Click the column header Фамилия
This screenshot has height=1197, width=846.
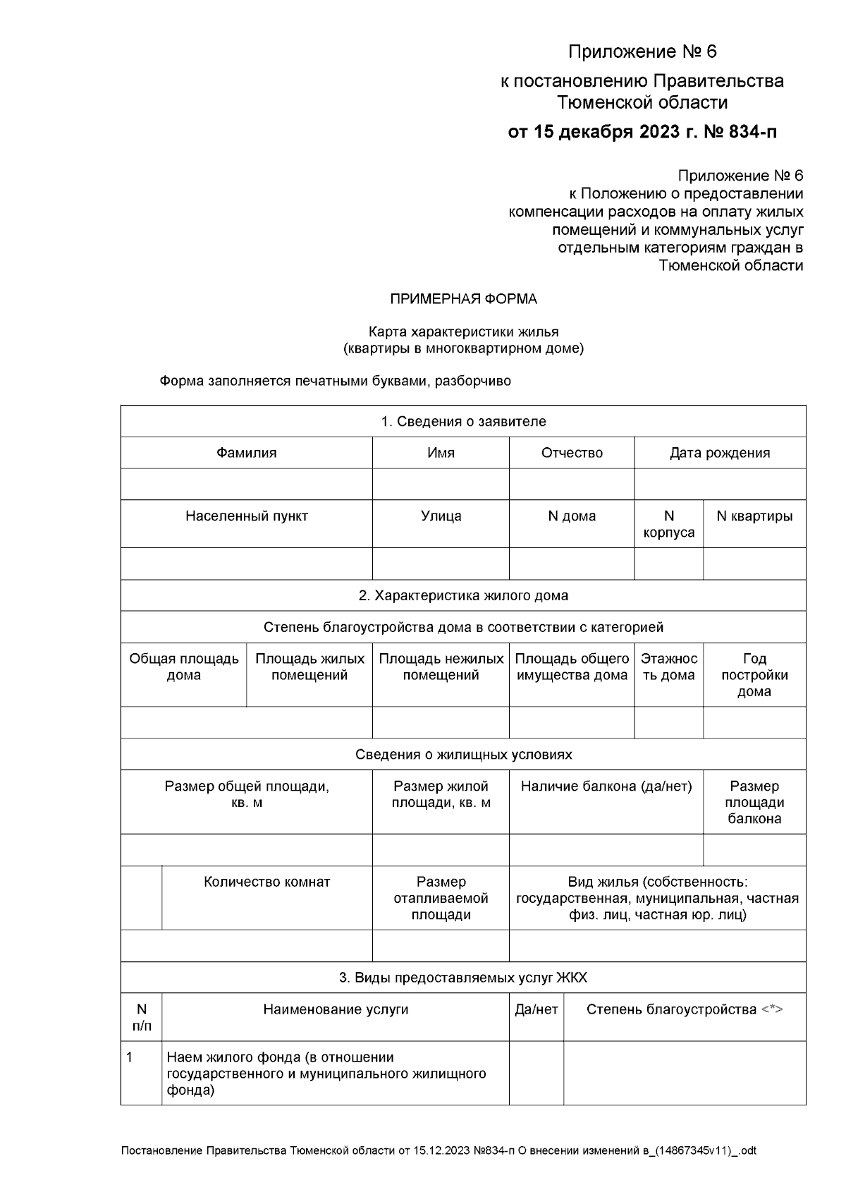point(246,453)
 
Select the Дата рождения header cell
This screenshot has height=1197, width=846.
point(719,453)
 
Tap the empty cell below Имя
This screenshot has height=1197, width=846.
point(441,485)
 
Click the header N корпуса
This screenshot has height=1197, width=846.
point(668,524)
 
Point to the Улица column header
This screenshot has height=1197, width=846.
point(441,516)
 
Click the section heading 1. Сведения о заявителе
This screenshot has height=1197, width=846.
point(463,422)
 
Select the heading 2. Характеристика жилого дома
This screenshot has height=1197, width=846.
point(463,595)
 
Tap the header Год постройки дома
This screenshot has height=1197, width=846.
point(754,675)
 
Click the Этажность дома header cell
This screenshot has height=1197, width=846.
point(668,667)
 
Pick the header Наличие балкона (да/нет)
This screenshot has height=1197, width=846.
point(606,786)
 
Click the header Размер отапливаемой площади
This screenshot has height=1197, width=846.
point(441,898)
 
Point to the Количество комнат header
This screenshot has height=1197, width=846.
point(266,882)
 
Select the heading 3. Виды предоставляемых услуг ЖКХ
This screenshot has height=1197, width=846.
point(463,978)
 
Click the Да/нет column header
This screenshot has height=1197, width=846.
point(536,1010)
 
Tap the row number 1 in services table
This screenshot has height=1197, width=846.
point(130,1057)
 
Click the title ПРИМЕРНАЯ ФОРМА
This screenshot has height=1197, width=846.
point(463,299)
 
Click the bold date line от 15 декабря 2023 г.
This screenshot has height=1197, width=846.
point(642,132)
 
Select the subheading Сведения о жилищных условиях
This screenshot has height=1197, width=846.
point(463,755)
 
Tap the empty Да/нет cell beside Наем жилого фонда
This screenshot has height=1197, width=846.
point(536,1073)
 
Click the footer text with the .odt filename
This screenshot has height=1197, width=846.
point(439,1151)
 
